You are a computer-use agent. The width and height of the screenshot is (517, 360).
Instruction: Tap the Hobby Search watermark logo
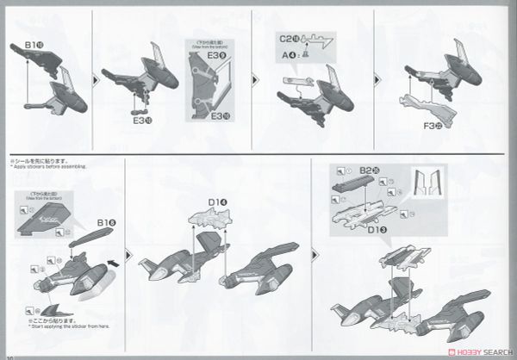coord(469,350)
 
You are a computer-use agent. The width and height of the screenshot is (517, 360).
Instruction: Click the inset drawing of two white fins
coord(427,185)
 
